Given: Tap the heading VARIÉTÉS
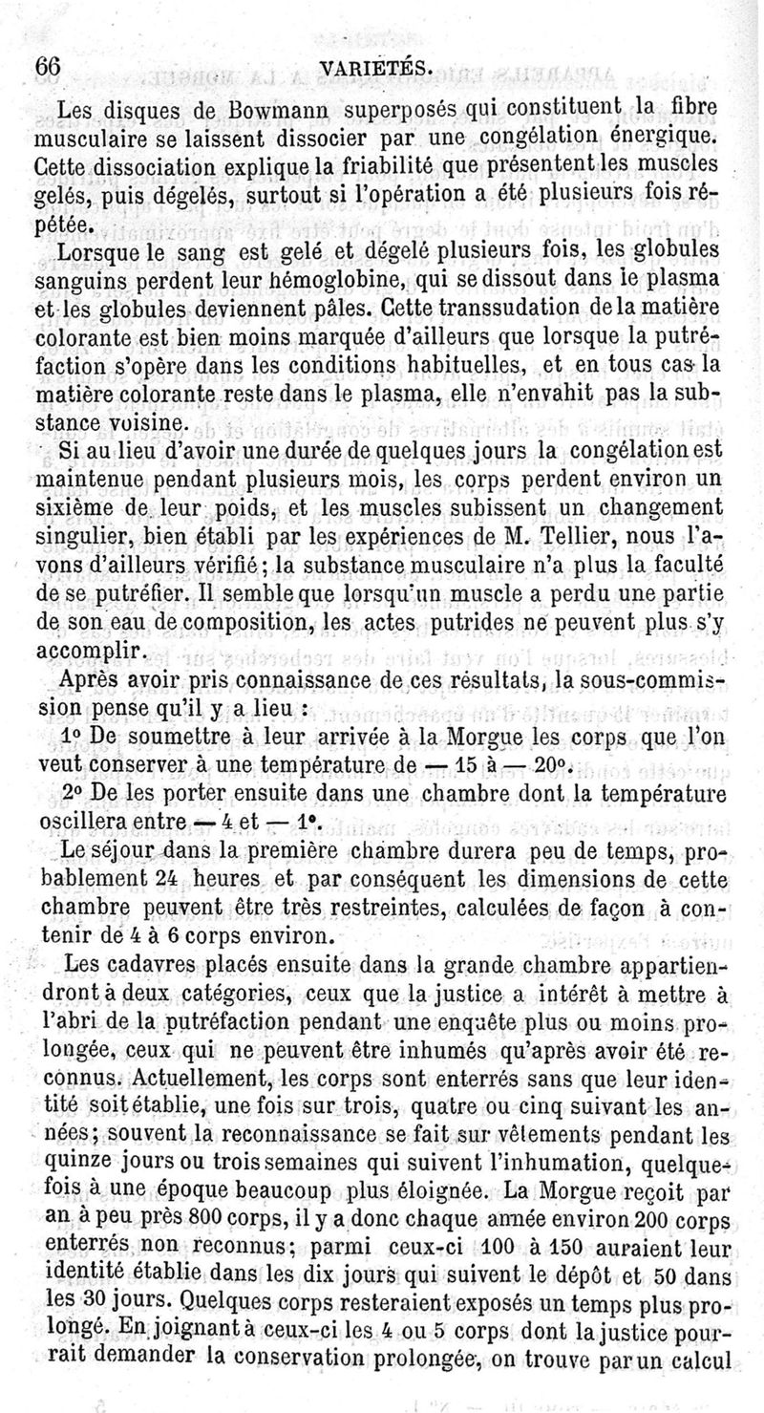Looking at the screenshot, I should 378,69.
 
